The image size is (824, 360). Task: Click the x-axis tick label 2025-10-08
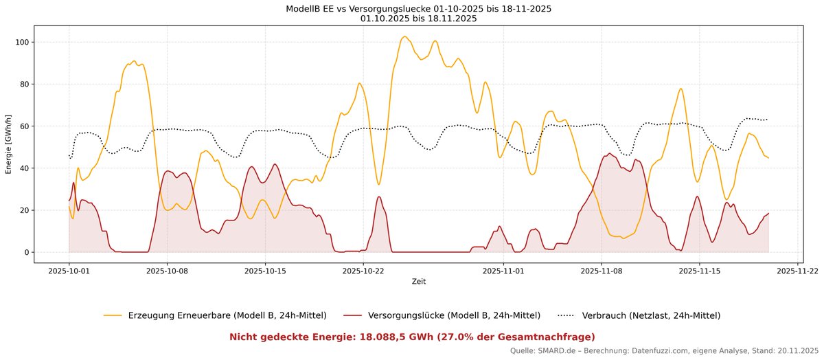[x=167, y=271]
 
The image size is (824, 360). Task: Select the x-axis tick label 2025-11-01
[x=503, y=271]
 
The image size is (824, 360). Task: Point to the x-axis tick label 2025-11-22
[x=797, y=271]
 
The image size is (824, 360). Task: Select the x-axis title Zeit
[x=418, y=281]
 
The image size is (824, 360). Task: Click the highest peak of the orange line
[x=404, y=36]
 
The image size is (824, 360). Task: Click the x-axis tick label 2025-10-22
[x=363, y=271]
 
